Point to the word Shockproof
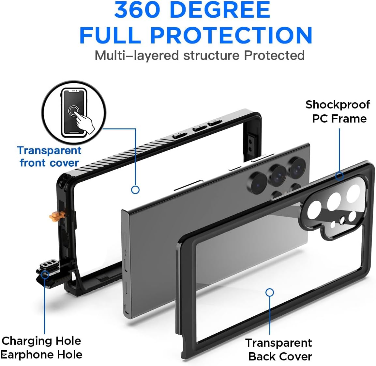(338, 105)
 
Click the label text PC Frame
(339, 119)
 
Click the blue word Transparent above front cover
(49, 150)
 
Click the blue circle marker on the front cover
(135, 190)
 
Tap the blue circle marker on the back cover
(269, 292)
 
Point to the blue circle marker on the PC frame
(339, 176)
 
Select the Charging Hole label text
(41, 341)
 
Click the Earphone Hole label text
(42, 355)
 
